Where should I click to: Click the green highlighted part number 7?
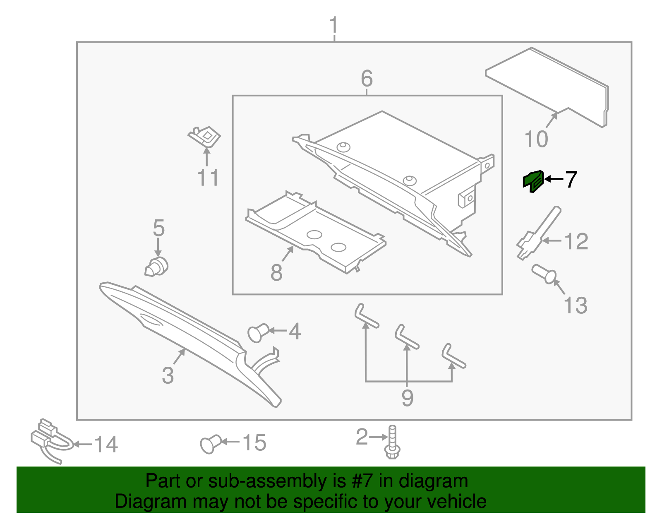click(x=533, y=181)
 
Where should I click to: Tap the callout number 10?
click(x=536, y=139)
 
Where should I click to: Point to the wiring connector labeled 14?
click(x=49, y=440)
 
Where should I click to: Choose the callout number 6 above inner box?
click(x=367, y=78)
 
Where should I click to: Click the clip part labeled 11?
click(x=204, y=136)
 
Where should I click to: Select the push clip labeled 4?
click(x=257, y=333)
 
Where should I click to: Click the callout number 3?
click(x=168, y=375)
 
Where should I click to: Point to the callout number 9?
click(x=407, y=398)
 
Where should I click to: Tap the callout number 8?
click(x=276, y=272)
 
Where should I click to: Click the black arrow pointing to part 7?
click(x=554, y=179)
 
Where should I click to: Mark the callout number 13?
click(x=575, y=306)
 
